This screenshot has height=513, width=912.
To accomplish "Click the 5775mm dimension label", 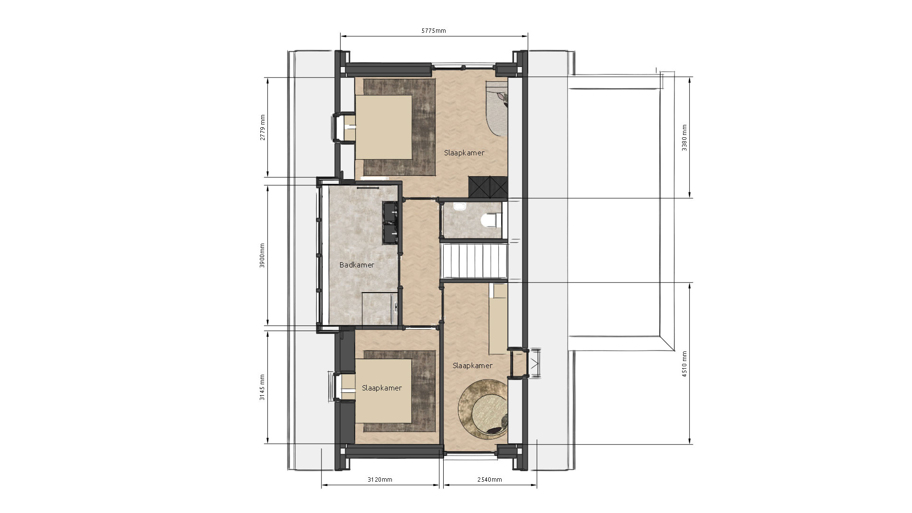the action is click(x=434, y=31).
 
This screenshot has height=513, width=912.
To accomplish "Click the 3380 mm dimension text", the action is click(x=684, y=138).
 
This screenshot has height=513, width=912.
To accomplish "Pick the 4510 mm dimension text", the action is click(x=684, y=364).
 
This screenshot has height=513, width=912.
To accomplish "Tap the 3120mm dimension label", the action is click(x=380, y=479).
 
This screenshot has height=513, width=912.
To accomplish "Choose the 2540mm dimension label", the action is click(x=490, y=479).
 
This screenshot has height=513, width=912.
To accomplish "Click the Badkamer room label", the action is click(x=357, y=265).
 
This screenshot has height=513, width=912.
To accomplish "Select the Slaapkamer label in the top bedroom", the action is click(x=464, y=153).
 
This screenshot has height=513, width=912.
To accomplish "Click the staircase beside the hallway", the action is click(x=475, y=263).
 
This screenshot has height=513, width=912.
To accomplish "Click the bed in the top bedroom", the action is click(x=383, y=127).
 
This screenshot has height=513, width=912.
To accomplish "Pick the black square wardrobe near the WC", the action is click(x=488, y=187).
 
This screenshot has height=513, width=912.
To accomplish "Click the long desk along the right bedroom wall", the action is click(x=498, y=319).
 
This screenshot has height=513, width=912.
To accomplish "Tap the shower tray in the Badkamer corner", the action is click(x=380, y=310).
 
